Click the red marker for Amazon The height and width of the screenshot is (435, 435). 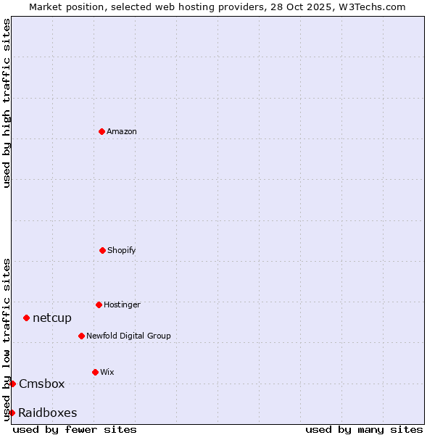[101, 131]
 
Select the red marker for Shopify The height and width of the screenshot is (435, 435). [102, 250]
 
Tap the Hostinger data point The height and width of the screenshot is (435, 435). [99, 304]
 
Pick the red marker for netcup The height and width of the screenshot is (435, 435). [26, 318]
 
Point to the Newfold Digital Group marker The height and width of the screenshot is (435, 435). [81, 336]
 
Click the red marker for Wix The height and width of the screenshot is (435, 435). [95, 372]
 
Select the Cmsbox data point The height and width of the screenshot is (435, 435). [12, 384]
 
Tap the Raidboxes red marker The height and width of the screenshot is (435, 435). [12, 413]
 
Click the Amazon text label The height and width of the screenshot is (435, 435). [122, 131]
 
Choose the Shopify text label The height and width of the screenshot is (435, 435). [122, 250]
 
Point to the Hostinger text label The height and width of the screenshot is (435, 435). [122, 304]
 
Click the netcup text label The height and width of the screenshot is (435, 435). [52, 318]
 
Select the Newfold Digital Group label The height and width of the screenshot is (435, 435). [128, 336]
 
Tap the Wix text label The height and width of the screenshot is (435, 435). [107, 372]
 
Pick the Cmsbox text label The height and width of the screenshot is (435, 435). [42, 384]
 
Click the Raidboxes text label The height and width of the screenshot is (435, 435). [48, 413]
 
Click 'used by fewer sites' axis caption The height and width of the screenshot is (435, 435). [75, 429]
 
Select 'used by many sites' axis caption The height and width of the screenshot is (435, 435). [364, 429]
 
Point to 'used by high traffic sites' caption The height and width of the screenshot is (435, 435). [7, 103]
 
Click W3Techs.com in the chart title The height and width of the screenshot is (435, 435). [370, 7]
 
